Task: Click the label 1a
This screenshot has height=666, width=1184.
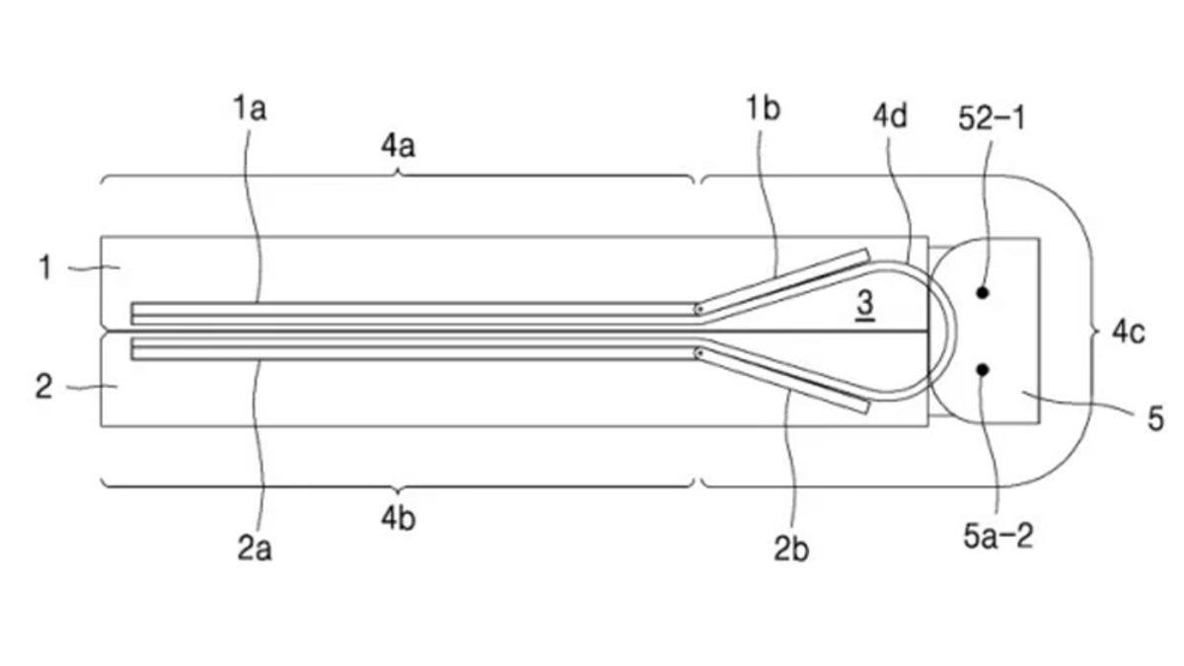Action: tap(250, 108)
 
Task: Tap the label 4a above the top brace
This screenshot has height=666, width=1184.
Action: tap(398, 147)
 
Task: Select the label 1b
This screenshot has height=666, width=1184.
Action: tap(762, 108)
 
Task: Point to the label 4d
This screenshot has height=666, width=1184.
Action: tap(890, 115)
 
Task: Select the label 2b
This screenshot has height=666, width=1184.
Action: tap(790, 549)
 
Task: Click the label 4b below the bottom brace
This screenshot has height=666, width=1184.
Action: tap(398, 518)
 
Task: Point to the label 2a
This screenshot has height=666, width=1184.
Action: tap(255, 549)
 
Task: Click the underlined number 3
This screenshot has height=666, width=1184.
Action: tap(864, 304)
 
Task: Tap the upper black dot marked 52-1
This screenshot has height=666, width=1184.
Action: tap(982, 292)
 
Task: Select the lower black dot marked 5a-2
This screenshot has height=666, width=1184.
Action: tap(982, 369)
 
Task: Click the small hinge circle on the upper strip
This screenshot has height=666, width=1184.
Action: tap(700, 309)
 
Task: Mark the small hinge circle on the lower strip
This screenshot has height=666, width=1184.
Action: tap(700, 352)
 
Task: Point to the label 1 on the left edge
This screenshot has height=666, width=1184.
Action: tap(44, 266)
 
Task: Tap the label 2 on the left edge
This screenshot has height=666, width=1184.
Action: tap(43, 386)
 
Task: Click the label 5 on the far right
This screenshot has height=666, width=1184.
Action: tap(1155, 418)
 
